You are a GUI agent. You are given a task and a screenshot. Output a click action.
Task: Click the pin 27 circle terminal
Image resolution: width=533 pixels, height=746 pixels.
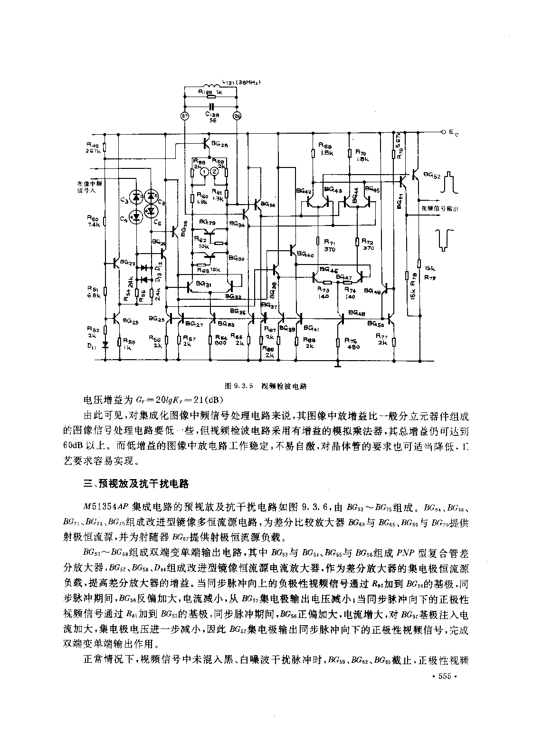coord(185,116)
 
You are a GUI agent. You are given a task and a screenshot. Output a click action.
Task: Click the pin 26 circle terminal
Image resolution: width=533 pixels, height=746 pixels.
coord(237,116)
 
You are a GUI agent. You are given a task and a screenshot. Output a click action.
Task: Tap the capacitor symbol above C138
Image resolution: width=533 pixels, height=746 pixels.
coord(211,105)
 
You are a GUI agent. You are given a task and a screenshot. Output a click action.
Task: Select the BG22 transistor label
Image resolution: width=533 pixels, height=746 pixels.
coord(128,262)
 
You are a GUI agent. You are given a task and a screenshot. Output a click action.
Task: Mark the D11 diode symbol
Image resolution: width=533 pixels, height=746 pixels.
coord(105,344)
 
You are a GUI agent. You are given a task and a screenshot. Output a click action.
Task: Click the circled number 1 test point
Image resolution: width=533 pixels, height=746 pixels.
coord(203,172)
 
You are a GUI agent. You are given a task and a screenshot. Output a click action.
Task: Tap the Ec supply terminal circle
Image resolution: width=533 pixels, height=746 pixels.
coord(443,131)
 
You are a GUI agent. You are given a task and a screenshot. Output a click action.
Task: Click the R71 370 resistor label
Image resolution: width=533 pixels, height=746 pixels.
coord(329,245)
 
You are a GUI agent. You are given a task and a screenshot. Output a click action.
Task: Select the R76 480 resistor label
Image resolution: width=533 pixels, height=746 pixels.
coord(352,344)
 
